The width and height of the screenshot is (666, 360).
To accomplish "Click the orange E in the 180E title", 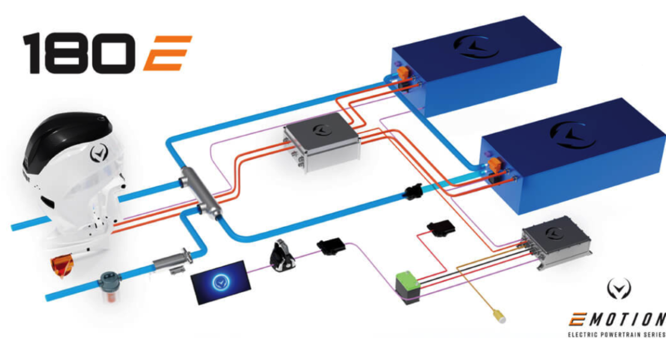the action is pos(168,53).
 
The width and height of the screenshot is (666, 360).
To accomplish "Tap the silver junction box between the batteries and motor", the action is pos(322,142).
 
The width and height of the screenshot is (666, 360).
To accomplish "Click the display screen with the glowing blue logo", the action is pos(221,282).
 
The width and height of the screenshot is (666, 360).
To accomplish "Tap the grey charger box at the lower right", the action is pos(556,242).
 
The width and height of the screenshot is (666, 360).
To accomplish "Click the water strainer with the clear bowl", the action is pos(110,288).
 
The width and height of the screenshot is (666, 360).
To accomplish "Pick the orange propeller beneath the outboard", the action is pos(62,266).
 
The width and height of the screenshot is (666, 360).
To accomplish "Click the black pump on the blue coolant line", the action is pos(413,193).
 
